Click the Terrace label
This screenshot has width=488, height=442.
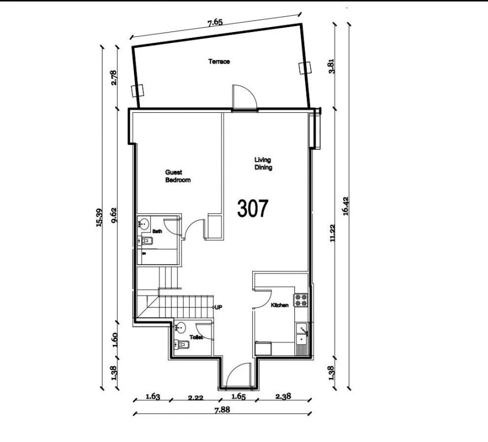coord(219,62)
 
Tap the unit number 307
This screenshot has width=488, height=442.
coord(253,208)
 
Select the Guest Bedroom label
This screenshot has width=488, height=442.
coord(178,176)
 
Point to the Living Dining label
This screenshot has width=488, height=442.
coord(263,164)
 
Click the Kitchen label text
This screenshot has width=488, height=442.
coord(280,306)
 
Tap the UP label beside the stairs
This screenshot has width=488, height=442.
coord(219,308)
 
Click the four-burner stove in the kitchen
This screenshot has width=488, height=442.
coord(301,300)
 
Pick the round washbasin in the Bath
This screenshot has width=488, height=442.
coord(144,223)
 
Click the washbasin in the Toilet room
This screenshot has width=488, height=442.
coord(181,328)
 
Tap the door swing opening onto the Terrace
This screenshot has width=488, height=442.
coord(243,98)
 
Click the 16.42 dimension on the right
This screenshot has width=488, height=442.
coord(345,207)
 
